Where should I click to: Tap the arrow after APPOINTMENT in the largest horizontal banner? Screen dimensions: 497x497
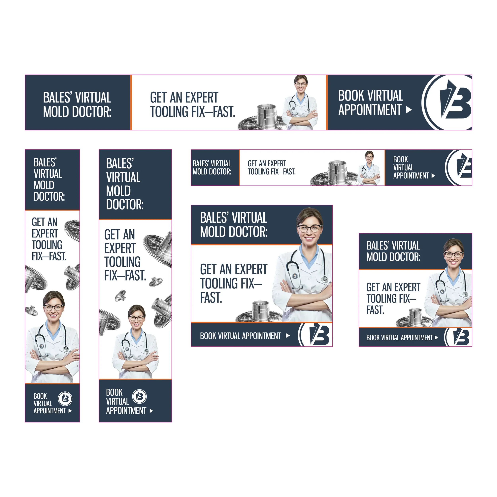[409, 110]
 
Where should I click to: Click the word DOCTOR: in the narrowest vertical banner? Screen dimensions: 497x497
[49, 197]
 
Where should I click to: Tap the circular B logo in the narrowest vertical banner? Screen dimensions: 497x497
[65, 398]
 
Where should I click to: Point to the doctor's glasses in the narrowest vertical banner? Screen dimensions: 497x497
[53, 307]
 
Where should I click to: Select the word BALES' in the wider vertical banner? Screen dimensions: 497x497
[120, 164]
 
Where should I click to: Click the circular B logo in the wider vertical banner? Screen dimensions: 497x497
[139, 396]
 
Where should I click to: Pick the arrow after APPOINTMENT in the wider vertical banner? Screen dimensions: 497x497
[151, 411]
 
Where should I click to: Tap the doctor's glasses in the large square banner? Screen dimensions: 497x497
[310, 228]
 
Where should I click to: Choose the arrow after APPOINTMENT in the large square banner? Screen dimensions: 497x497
[288, 336]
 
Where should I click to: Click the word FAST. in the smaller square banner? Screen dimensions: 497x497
[375, 310]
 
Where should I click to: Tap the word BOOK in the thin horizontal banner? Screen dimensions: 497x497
[401, 159]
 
